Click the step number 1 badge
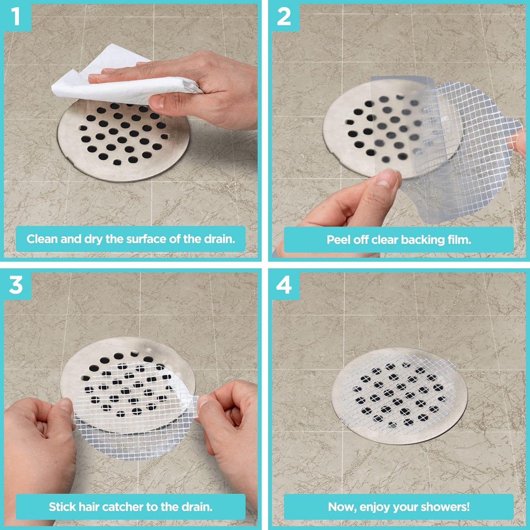click(15, 17)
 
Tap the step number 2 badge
click(284, 17)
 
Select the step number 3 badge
click(15, 285)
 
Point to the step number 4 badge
click(284, 285)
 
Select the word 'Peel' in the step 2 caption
click(339, 240)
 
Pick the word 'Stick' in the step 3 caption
click(63, 507)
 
